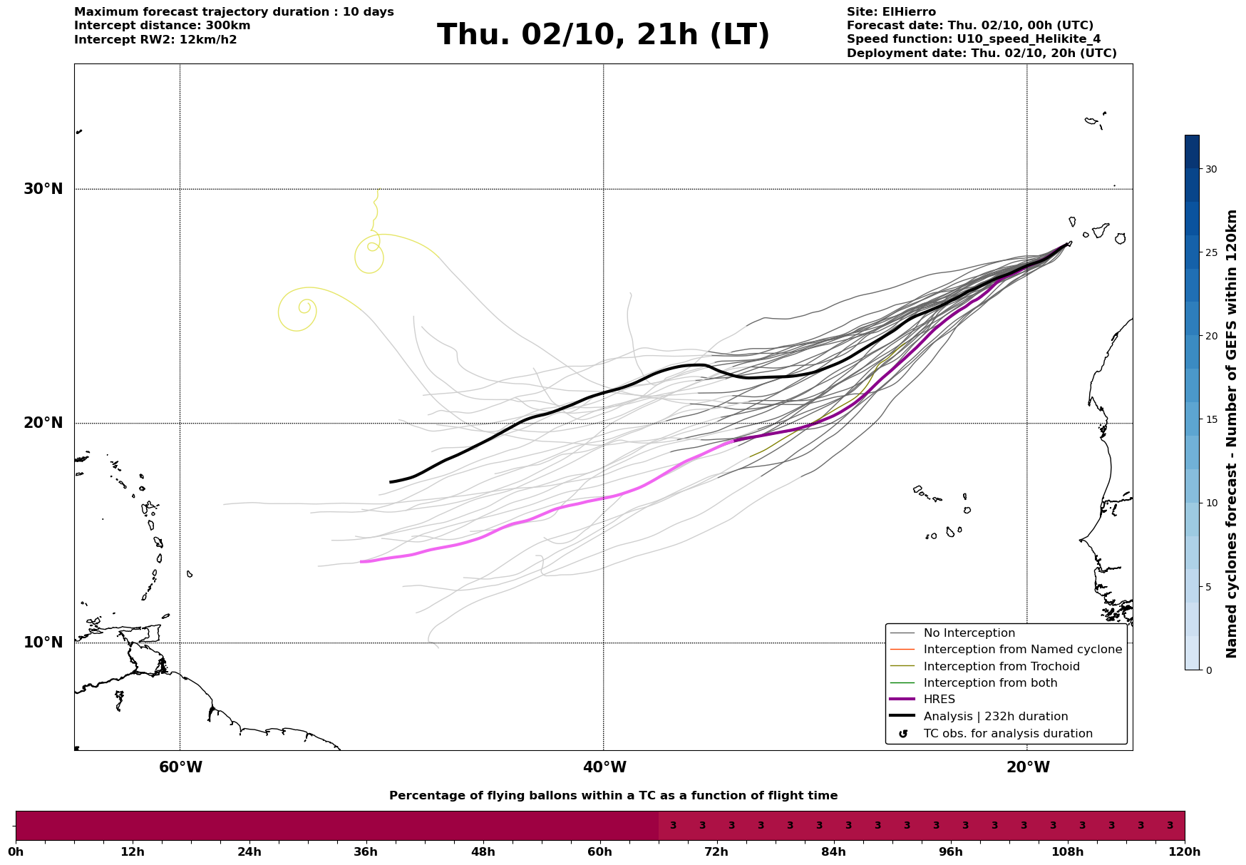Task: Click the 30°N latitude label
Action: click(x=43, y=189)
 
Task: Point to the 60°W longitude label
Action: click(x=180, y=767)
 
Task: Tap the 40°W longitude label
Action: click(x=604, y=767)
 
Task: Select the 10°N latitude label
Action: click(x=43, y=643)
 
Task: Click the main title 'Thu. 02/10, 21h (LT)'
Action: click(x=603, y=35)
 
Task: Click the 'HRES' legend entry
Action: click(x=939, y=700)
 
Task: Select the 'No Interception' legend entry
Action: click(x=969, y=633)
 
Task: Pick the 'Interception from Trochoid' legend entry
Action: click(x=1001, y=667)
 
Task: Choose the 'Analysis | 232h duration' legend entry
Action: click(x=995, y=717)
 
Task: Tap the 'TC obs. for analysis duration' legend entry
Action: click(x=1007, y=734)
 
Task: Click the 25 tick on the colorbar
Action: click(x=1210, y=252)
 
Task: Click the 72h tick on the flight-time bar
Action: click(x=716, y=851)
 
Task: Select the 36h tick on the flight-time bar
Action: click(x=366, y=851)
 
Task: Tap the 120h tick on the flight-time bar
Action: click(x=1184, y=851)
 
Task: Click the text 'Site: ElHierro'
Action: click(x=890, y=12)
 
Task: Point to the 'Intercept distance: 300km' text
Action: click(x=162, y=26)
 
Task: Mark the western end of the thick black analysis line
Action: click(x=390, y=482)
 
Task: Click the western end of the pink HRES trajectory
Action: click(x=361, y=562)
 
